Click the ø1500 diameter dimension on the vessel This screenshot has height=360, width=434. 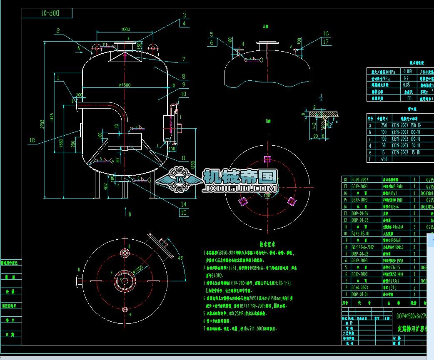pyautogui.click(x=125, y=84)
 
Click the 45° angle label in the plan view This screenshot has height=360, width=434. pyautogui.click(x=182, y=258)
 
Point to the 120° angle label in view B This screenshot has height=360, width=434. pyautogui.click(x=267, y=195)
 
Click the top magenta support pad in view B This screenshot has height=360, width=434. pyautogui.click(x=267, y=159)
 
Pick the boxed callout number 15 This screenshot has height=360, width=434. pyautogui.click(x=184, y=213)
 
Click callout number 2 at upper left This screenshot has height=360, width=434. pyautogui.click(x=58, y=30)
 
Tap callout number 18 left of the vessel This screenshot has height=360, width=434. pyautogui.click(x=32, y=140)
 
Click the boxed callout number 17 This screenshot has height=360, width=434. pyautogui.click(x=325, y=41)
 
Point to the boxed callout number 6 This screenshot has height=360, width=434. pyautogui.click(x=212, y=42)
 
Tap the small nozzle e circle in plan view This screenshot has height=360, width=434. pyautogui.click(x=125, y=309)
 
